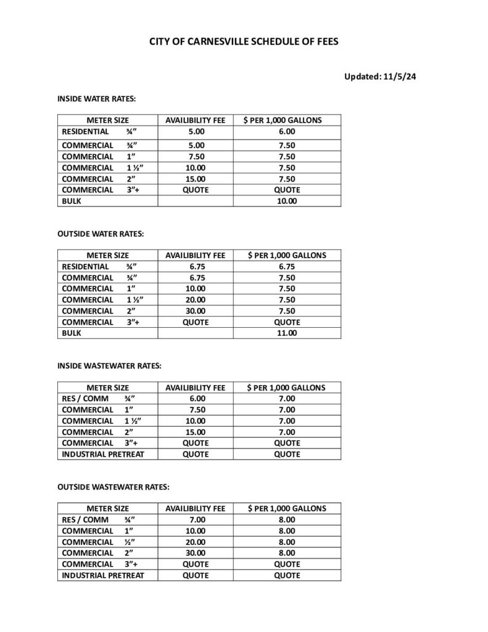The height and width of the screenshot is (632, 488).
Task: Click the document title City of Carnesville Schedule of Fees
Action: click(244, 43)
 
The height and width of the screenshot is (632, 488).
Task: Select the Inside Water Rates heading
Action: click(96, 99)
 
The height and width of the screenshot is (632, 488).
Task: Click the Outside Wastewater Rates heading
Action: click(113, 487)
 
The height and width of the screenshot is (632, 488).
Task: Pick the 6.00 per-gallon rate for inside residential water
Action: click(287, 131)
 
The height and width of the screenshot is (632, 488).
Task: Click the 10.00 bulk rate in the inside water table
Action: click(287, 201)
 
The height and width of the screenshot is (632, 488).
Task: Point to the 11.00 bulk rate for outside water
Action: click(287, 333)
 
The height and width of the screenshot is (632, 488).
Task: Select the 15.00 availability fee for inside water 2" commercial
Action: click(196, 179)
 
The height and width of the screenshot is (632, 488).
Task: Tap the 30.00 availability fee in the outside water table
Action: click(196, 311)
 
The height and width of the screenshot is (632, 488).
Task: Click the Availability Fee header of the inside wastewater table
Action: click(196, 388)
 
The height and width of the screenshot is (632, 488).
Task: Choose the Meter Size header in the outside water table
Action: click(107, 255)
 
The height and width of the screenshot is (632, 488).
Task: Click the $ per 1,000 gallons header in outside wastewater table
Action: click(287, 509)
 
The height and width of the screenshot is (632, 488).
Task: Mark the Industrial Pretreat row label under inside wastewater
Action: click(102, 454)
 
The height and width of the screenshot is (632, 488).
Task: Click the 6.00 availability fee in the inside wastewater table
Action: click(196, 399)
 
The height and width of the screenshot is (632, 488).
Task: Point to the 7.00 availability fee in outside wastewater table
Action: click(196, 520)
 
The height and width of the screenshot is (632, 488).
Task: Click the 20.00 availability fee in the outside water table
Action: click(196, 300)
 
